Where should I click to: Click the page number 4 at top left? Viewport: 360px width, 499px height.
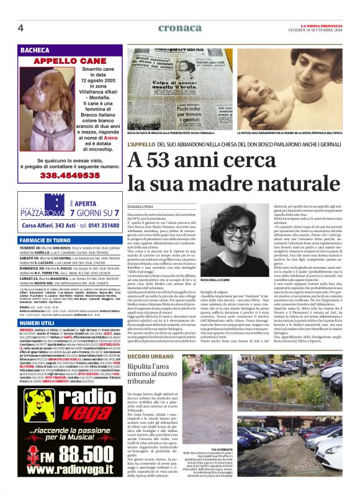point(20,28)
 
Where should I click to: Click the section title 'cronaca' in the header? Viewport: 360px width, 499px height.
point(179,28)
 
